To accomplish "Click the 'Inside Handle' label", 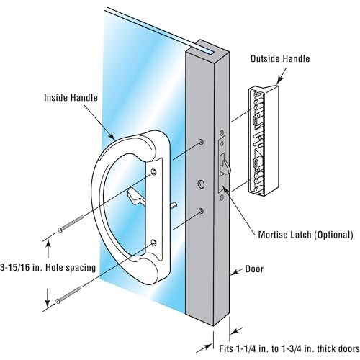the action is tap(71, 98).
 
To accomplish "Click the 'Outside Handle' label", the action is tap(280, 59).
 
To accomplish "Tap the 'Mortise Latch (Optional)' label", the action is tap(305, 235).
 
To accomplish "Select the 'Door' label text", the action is tap(254, 269).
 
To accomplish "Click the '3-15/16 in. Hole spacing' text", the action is tap(48, 267).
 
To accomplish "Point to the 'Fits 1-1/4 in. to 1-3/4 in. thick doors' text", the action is tap(289, 348).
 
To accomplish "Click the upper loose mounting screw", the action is tap(71, 224).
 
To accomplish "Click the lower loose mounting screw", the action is tap(68, 295).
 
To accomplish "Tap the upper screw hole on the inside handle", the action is tap(153, 171).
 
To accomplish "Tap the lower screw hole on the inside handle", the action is tap(153, 243).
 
